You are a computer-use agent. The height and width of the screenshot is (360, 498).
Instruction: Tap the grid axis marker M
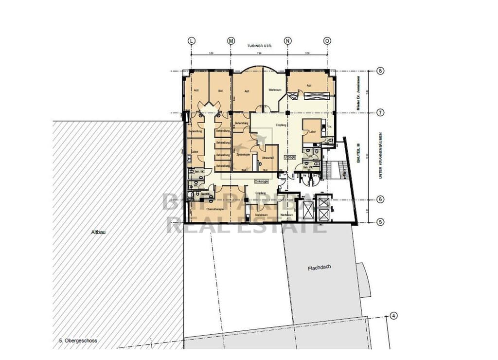point(231,41)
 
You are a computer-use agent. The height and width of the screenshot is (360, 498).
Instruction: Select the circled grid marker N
point(288,41)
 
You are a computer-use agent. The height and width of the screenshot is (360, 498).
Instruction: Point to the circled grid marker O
point(327,41)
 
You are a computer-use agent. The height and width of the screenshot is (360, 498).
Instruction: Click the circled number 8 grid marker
point(380,71)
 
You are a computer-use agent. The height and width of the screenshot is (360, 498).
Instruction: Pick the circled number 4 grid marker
point(393,315)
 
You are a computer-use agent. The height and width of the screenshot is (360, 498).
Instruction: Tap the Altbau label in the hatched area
point(98,232)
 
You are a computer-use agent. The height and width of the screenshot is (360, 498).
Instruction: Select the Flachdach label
point(320,268)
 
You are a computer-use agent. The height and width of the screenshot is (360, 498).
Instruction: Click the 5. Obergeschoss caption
point(74,341)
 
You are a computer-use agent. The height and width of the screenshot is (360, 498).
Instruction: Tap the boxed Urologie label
point(290,157)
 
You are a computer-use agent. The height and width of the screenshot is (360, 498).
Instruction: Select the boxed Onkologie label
point(261,181)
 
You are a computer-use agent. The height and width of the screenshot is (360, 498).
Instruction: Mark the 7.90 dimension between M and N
point(259,53)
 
